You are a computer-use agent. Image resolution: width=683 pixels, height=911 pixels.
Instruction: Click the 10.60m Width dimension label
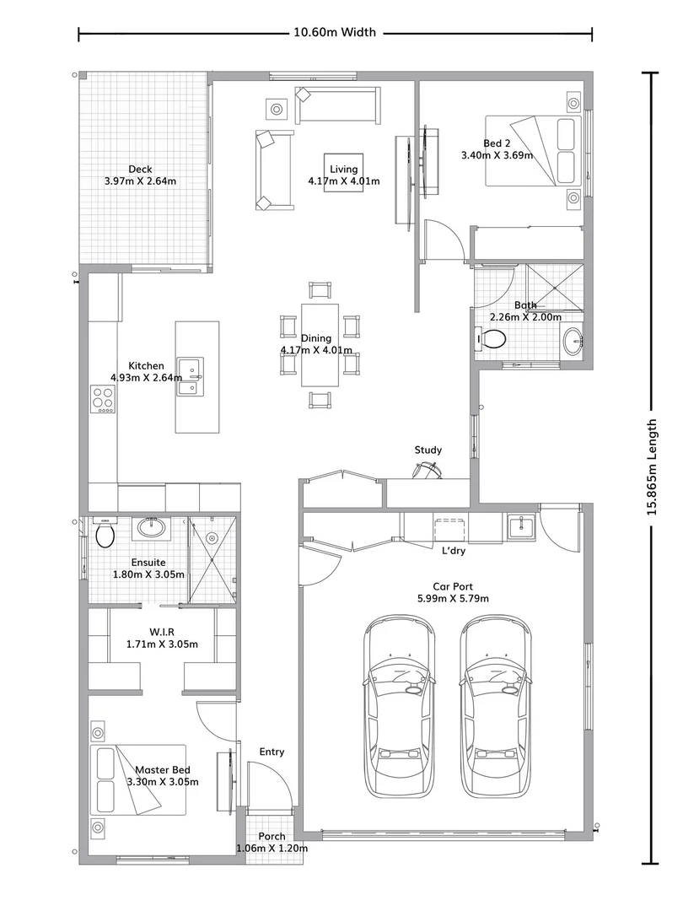tap(335, 33)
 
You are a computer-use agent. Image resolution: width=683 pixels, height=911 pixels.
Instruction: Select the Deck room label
tap(140, 169)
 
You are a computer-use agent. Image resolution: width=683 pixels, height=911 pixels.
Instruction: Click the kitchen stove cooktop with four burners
tap(103, 398)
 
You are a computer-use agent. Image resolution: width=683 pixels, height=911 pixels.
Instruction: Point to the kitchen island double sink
tap(193, 377)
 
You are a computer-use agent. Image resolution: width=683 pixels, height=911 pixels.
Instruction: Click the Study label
tap(428, 450)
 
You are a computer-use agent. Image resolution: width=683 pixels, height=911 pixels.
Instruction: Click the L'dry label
tap(454, 551)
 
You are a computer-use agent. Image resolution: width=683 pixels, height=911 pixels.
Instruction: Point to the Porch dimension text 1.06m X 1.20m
tap(272, 848)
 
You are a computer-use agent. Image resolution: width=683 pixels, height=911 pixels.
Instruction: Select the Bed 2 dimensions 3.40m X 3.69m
tap(497, 155)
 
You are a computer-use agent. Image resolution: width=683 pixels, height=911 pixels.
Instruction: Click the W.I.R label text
tap(161, 632)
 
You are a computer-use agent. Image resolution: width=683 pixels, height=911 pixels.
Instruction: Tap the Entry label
tap(272, 752)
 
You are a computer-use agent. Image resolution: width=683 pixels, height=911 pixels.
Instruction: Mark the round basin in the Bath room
tap(573, 341)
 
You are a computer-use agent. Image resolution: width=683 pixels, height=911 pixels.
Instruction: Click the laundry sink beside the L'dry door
tap(520, 526)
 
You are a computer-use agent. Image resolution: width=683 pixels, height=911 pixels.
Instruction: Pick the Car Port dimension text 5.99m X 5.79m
tap(454, 598)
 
